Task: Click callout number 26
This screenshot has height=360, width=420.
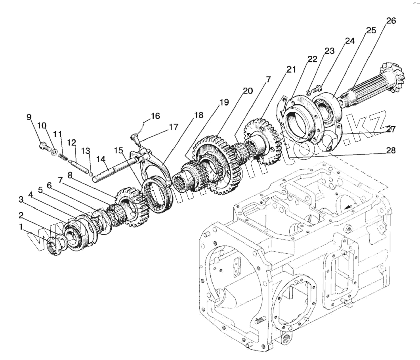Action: [391, 21]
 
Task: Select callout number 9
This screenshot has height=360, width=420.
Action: [29, 117]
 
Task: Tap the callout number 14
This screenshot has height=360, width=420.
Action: [102, 159]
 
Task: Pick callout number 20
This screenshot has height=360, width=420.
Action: [248, 91]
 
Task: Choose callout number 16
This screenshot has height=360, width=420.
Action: [155, 116]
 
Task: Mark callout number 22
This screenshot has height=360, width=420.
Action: [312, 59]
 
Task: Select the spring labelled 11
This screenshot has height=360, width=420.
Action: [63, 157]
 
